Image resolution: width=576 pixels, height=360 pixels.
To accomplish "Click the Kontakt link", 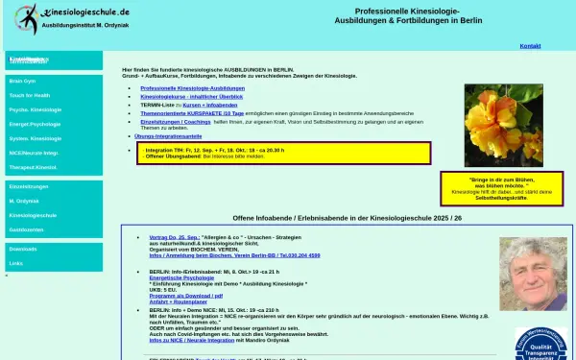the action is point(530,45).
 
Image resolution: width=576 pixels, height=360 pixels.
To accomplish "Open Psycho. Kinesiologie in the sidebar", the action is point(35,110).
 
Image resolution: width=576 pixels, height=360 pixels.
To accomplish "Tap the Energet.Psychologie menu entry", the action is point(36,124).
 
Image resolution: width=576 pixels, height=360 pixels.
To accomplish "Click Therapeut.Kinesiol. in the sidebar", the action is point(34,166).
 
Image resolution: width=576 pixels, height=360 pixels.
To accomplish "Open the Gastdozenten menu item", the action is point(27,230).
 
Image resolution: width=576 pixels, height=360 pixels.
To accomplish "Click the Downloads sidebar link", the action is point(23,249).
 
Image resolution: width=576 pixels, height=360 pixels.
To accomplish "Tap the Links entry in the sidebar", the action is point(16,262).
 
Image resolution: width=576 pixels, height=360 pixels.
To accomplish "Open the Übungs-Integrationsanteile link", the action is point(169,136).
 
